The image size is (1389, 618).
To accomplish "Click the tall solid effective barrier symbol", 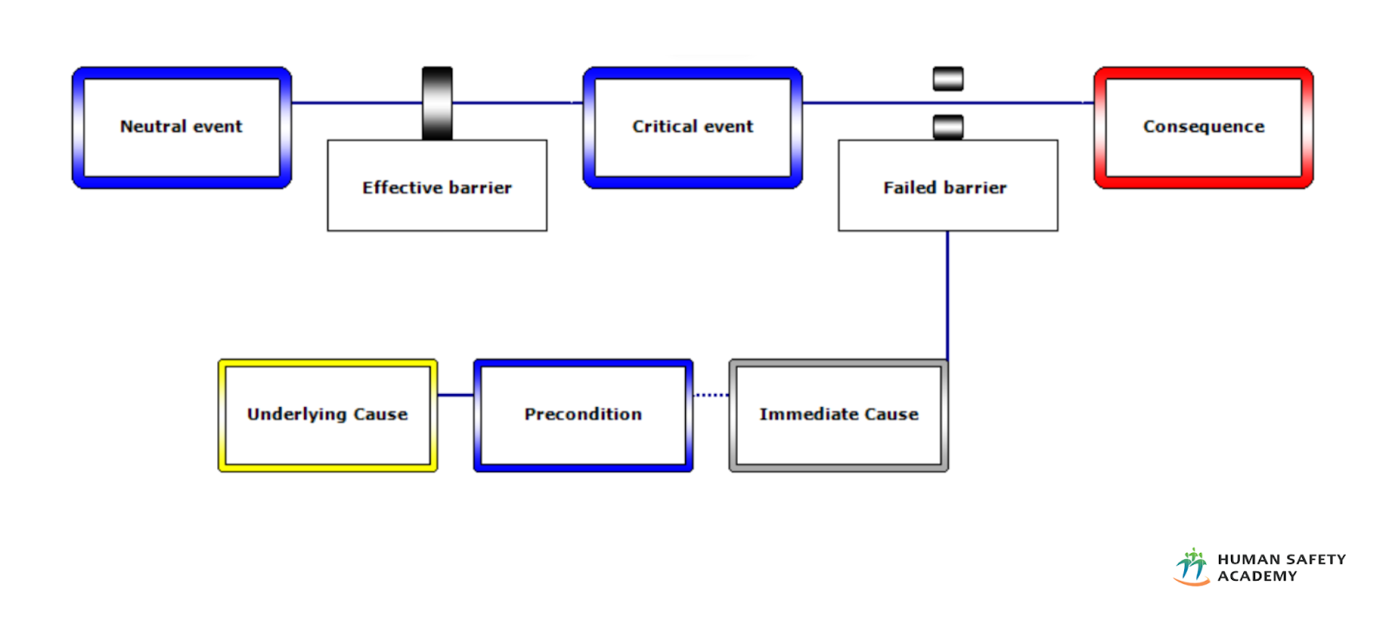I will [437, 103].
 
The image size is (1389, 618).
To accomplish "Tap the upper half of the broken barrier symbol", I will [948, 79].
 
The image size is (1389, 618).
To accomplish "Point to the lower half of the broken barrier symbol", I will [948, 127].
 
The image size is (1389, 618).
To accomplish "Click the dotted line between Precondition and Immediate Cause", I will [711, 395].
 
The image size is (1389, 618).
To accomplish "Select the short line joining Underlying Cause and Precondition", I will [455, 395].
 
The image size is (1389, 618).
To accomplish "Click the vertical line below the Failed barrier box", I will [947, 295].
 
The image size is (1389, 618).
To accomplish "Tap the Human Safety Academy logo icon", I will [1192, 567].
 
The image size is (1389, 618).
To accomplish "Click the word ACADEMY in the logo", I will [1257, 576].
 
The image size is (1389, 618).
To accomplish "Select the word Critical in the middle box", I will [664, 127].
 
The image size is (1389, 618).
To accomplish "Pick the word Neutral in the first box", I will [153, 127].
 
